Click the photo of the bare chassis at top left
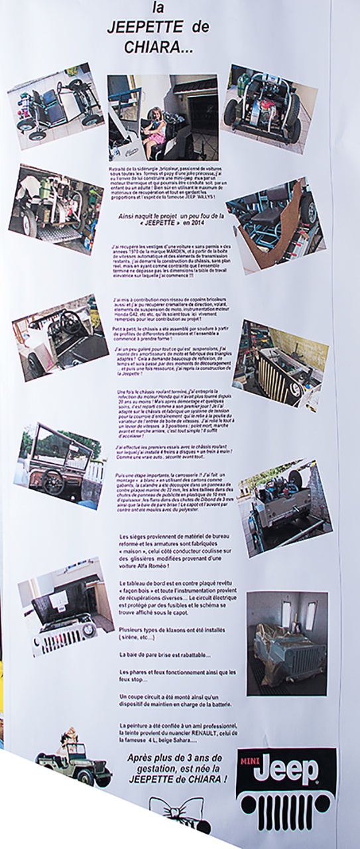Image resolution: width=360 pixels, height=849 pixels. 56,105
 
